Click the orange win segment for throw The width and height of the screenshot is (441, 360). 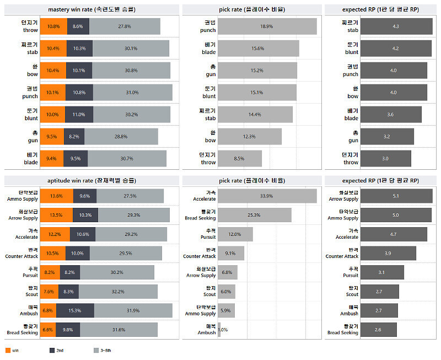click(53, 26)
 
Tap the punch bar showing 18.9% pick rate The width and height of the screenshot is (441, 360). click(267, 26)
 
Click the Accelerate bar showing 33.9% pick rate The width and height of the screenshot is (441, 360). click(267, 196)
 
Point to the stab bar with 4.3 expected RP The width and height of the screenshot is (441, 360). click(396, 26)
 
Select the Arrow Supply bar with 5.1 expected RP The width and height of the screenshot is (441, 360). click(396, 196)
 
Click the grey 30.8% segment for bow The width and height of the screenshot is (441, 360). click(131, 71)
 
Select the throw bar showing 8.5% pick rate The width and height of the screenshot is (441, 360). click(239, 159)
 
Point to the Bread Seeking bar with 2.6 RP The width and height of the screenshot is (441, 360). click(378, 330)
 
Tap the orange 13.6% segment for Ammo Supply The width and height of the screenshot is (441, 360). click(56, 196)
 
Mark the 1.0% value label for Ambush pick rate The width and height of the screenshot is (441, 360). click(223, 330)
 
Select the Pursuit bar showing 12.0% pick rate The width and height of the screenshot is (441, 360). click(235, 234)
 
